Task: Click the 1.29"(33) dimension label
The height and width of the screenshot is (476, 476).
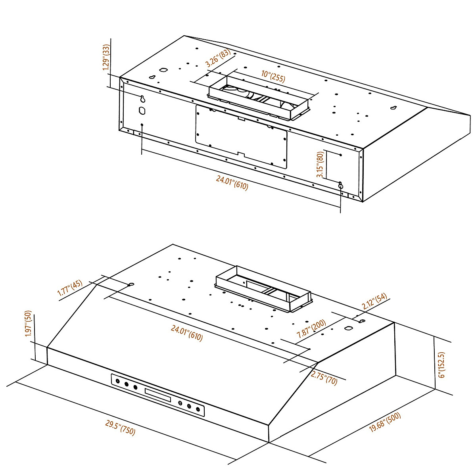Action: (x=106, y=58)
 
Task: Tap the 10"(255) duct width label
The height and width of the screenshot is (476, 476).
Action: (x=273, y=76)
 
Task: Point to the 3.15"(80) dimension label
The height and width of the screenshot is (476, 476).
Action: (x=320, y=165)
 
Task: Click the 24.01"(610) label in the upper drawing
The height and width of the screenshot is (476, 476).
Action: (x=232, y=183)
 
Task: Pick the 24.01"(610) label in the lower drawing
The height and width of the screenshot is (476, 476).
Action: (x=187, y=333)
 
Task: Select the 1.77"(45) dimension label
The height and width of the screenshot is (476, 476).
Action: (x=70, y=288)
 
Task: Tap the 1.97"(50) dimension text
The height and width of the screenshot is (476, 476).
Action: (x=28, y=324)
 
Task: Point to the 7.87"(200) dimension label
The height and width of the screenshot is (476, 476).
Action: (x=311, y=329)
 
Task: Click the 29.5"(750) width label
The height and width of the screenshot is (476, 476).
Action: (x=120, y=428)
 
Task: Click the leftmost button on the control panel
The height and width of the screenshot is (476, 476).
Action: (x=118, y=382)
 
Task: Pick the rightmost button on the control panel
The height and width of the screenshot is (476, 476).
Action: (x=198, y=409)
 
